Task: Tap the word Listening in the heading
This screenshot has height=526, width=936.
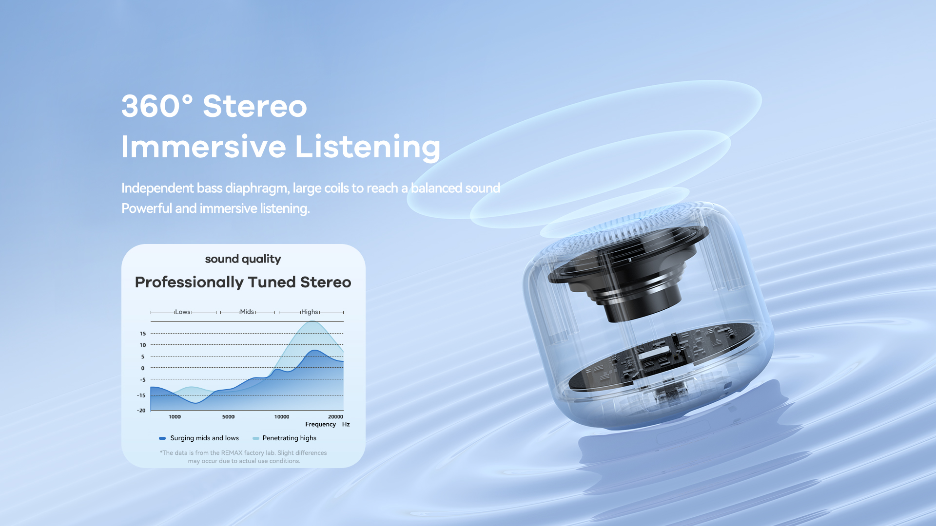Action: [x=368, y=147]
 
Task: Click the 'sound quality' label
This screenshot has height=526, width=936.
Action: [x=243, y=259]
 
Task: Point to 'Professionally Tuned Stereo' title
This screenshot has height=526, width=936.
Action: [x=243, y=282]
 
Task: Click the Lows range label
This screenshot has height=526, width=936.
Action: [x=183, y=312]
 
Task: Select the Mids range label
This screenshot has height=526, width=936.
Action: [x=247, y=312]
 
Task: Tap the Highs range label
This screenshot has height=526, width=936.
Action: [x=310, y=312]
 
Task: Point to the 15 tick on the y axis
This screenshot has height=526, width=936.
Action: [x=143, y=334]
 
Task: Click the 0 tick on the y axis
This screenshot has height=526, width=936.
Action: [x=143, y=368]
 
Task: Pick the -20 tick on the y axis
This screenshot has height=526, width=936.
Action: [x=141, y=411]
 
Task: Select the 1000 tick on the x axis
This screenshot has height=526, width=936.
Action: [x=175, y=417]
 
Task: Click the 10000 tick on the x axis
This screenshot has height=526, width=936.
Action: [x=282, y=417]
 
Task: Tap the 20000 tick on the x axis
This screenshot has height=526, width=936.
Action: [x=335, y=417]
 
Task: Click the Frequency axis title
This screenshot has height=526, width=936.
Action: [x=320, y=425]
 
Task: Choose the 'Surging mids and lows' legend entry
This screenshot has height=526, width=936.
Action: [x=199, y=438]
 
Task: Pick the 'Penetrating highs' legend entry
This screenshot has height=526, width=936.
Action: [x=285, y=438]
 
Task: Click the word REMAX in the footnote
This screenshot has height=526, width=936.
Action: [x=232, y=453]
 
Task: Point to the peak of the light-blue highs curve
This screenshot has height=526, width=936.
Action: [x=313, y=321]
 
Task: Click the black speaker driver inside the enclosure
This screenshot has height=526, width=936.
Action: [x=629, y=273]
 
